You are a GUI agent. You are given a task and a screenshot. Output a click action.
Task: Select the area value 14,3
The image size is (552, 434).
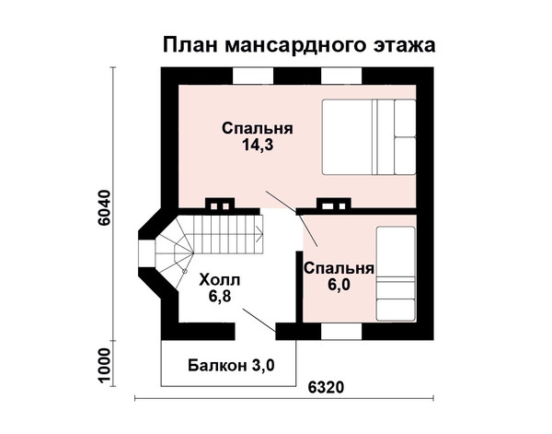click(x=258, y=145)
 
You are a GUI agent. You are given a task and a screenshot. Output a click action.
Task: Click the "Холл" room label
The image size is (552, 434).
click(x=220, y=281)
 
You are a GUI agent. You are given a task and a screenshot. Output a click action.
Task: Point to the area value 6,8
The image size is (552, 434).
click(x=220, y=297)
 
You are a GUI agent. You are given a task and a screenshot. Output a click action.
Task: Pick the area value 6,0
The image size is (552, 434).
click(x=339, y=285)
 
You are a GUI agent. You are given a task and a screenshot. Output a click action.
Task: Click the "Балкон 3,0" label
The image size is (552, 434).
click(x=231, y=366)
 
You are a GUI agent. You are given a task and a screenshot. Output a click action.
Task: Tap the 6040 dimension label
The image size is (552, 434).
click(x=105, y=209)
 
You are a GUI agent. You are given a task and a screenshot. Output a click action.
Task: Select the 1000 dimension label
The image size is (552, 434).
click(x=105, y=366)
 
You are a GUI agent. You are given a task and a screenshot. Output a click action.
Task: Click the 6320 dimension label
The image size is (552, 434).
click(x=326, y=388)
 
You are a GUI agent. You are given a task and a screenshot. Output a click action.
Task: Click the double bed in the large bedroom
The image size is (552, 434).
click(x=369, y=136)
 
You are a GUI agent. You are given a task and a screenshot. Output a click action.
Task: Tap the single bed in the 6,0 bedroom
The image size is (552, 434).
click(x=396, y=274)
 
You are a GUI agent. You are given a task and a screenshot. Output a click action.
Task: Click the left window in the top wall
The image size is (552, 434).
click(x=253, y=76)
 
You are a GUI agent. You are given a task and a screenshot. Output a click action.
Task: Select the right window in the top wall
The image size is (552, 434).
click(x=341, y=76)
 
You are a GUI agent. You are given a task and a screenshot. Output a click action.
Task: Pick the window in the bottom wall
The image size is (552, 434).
click(x=341, y=332)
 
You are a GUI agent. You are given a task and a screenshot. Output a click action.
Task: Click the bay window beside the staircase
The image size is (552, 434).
click(x=145, y=253)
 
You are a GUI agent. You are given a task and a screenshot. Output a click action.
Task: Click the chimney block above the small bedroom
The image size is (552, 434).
click(x=334, y=205)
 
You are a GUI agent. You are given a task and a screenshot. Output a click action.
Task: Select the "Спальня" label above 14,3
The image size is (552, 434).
click(x=258, y=129)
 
